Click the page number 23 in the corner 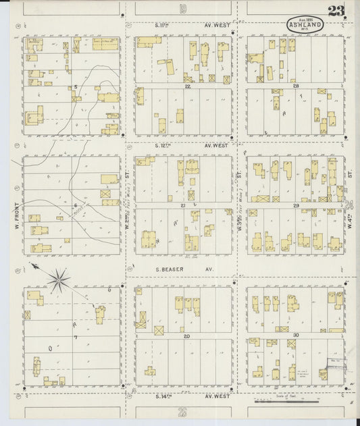click(336, 11)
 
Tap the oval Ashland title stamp click(305, 24)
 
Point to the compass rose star click(60, 276)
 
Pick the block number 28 click(295, 86)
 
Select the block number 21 click(183, 204)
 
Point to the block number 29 click(295, 204)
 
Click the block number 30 click(295, 335)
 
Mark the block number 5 click(76, 86)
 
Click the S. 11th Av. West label click(192, 26)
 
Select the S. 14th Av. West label click(192, 396)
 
